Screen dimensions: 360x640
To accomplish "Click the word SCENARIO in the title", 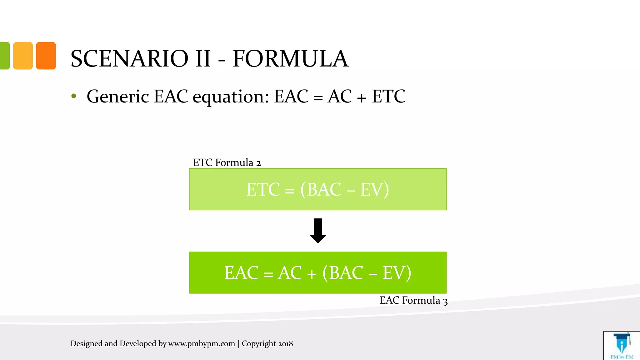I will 129,58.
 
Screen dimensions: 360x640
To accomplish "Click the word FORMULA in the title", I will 290,58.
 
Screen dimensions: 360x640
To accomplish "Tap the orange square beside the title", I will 46,56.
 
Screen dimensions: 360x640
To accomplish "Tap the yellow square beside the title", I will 23,56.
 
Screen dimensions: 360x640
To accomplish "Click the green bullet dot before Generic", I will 74,96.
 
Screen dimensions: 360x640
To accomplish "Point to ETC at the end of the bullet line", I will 388,96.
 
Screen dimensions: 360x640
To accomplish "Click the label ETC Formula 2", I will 227,162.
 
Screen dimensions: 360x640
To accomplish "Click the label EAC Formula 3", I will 413,300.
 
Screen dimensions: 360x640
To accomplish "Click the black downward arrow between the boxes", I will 318,231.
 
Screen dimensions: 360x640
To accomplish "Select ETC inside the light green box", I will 263,189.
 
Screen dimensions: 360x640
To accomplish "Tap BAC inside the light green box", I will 324,189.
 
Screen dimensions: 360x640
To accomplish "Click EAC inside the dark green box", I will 241,273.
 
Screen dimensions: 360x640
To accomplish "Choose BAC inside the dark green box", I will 346,273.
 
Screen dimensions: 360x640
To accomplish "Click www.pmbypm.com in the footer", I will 202,343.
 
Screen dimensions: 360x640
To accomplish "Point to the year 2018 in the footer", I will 285,343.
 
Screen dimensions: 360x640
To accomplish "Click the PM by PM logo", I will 622,346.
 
